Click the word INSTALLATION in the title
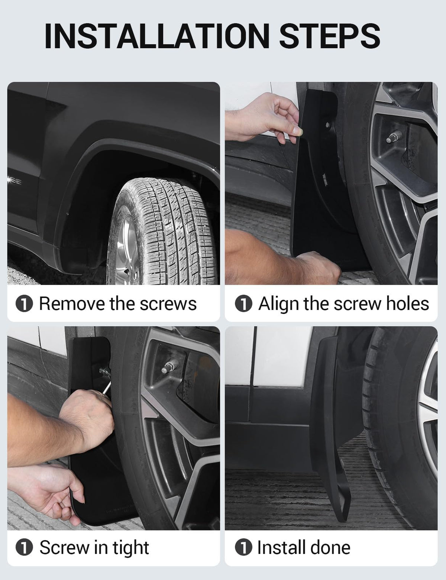(157, 36)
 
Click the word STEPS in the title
(330, 36)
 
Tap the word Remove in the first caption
(72, 304)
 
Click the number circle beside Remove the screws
(24, 304)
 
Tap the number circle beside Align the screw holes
(243, 304)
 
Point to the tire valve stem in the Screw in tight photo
(169, 365)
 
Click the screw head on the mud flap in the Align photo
(327, 125)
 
